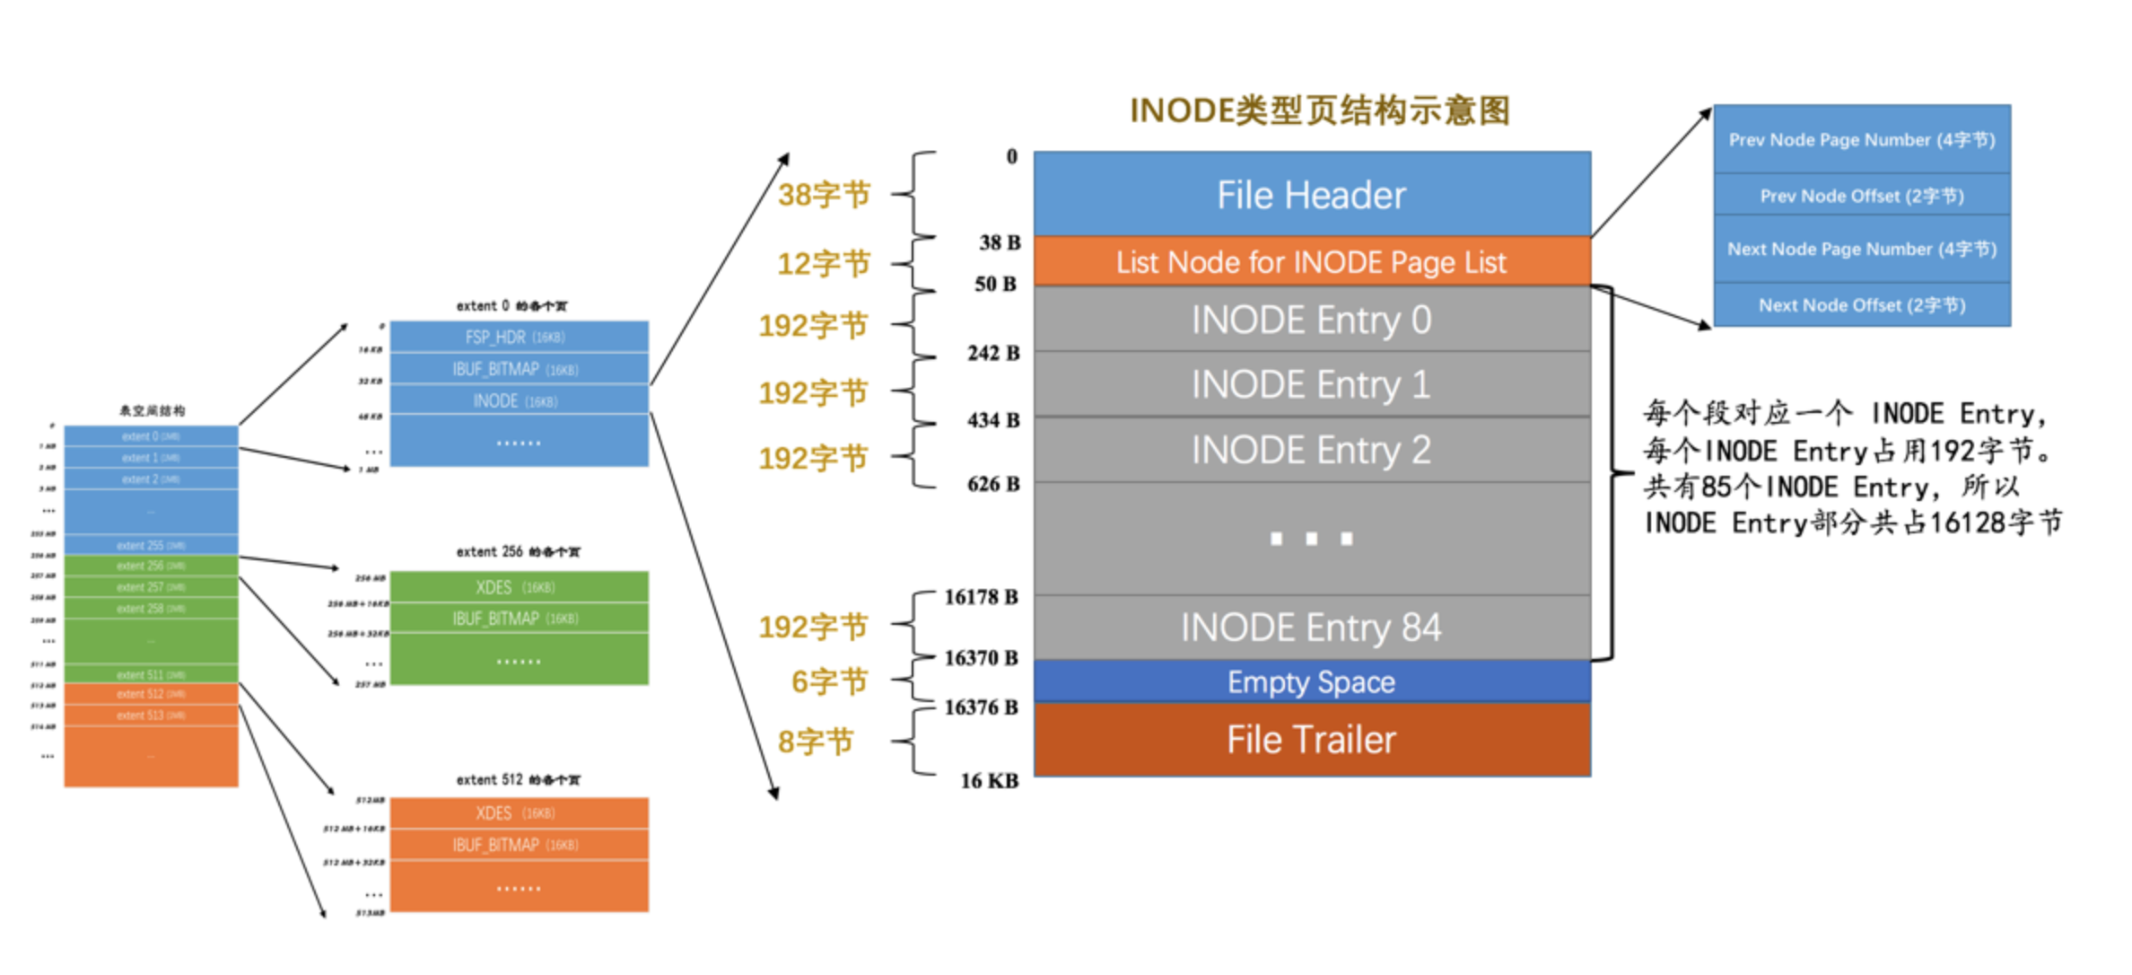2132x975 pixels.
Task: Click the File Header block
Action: point(1311,195)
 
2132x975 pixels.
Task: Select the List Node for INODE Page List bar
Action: point(1311,262)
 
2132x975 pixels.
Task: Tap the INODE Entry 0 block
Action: point(1311,320)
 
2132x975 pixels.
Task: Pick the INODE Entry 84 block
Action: point(1311,628)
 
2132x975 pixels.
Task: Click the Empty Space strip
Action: point(1311,682)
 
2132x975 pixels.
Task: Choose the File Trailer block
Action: point(1311,740)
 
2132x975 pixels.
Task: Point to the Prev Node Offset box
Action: point(1861,196)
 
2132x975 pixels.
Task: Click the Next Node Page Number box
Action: point(1861,250)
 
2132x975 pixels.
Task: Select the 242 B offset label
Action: point(992,353)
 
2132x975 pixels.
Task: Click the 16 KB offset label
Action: point(989,781)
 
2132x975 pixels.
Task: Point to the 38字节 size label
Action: point(824,195)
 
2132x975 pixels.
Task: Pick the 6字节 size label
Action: point(829,682)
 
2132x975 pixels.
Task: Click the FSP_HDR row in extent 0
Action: point(518,338)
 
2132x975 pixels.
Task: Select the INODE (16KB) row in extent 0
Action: point(518,401)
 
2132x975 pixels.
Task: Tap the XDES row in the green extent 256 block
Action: point(518,588)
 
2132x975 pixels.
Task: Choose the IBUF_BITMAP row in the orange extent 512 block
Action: point(518,846)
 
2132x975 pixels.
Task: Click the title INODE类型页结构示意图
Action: point(1319,111)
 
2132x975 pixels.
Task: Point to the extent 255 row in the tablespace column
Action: point(151,546)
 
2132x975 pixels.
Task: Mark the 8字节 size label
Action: point(815,742)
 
